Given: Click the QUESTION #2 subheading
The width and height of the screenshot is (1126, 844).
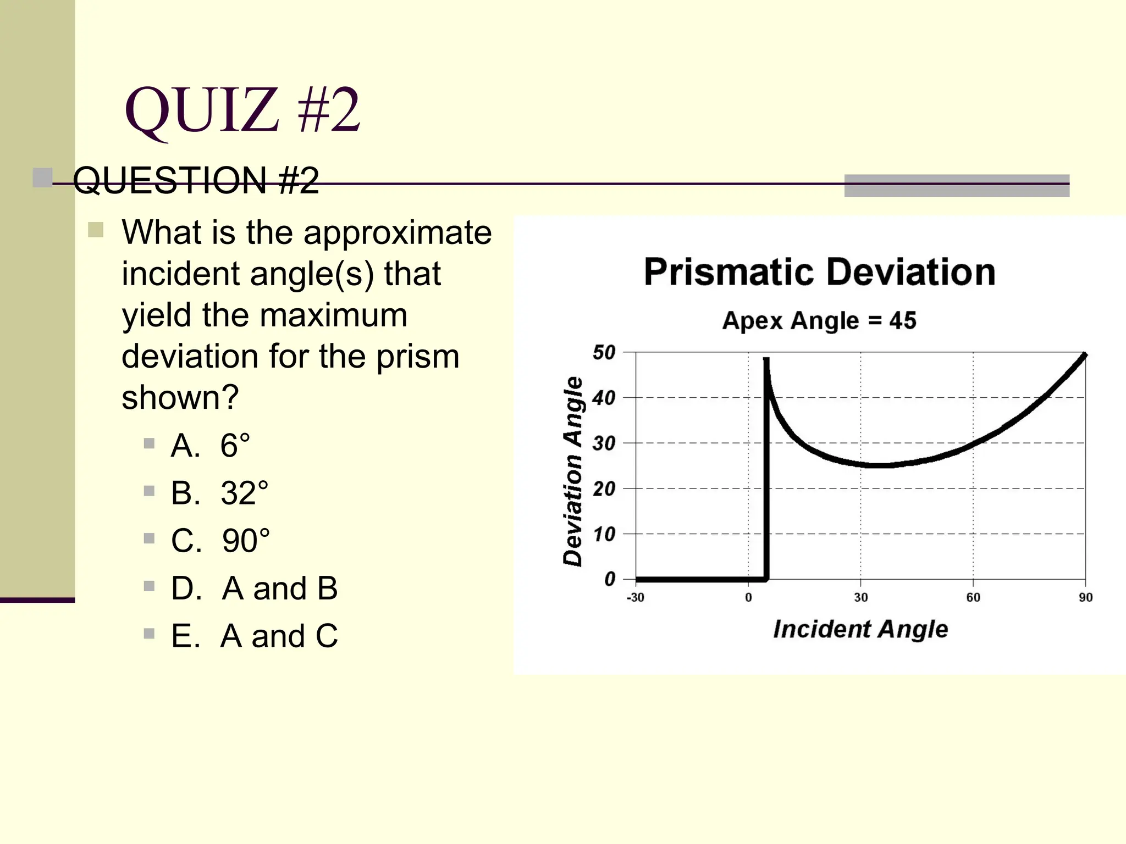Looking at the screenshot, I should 196,180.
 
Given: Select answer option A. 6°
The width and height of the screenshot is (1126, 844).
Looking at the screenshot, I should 211,445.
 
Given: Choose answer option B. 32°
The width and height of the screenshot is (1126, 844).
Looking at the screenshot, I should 219,493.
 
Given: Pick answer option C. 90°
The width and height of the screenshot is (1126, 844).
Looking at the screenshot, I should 220,540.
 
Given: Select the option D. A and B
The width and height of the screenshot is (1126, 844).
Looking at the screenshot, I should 254,588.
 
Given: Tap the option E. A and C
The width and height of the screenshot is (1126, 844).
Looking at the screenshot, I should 254,636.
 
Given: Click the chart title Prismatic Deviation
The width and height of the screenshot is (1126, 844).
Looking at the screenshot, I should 819,272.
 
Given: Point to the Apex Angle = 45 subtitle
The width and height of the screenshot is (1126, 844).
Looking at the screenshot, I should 819,320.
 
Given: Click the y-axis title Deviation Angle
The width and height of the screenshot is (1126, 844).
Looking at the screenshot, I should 573,471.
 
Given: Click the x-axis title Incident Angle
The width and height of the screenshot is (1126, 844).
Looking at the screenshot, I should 860,629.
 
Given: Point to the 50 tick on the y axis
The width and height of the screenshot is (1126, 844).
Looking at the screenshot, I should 604,352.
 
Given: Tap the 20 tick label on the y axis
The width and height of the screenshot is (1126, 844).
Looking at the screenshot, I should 604,488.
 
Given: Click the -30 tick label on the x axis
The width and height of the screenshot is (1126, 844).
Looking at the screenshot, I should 636,597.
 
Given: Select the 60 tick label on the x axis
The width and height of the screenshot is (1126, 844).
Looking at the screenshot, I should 973,597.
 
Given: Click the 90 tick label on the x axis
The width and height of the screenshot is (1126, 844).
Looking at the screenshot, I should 1085,597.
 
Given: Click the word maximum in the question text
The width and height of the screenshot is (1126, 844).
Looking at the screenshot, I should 333,315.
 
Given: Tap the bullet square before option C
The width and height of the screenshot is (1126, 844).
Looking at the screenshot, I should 149,538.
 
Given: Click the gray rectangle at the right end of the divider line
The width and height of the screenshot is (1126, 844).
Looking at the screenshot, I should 957,186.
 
